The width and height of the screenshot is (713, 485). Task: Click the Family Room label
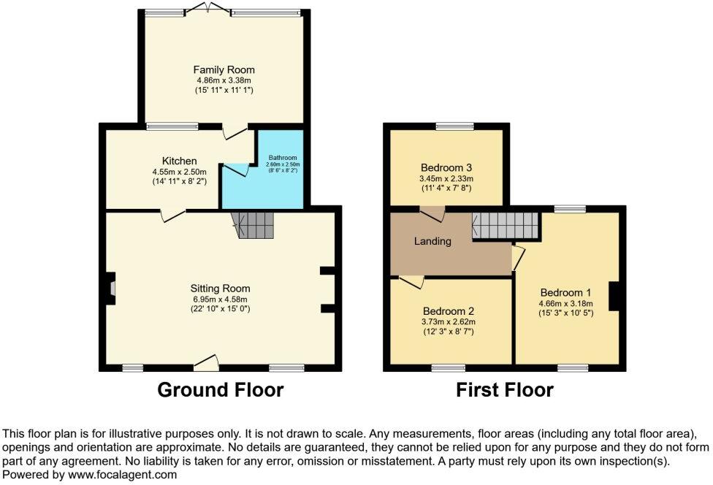(x=224, y=70)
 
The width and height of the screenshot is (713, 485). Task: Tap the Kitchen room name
(x=179, y=161)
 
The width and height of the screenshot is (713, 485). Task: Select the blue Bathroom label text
(x=281, y=157)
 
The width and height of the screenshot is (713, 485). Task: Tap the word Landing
(x=433, y=241)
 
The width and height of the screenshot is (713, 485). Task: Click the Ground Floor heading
(x=221, y=390)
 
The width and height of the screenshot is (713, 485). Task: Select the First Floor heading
(x=505, y=390)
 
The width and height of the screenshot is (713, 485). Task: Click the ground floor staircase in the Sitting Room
(x=253, y=225)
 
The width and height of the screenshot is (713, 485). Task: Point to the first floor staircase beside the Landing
(x=505, y=225)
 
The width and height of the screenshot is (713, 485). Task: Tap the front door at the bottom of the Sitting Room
(x=207, y=362)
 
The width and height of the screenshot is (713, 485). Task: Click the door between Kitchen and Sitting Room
(x=172, y=214)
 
